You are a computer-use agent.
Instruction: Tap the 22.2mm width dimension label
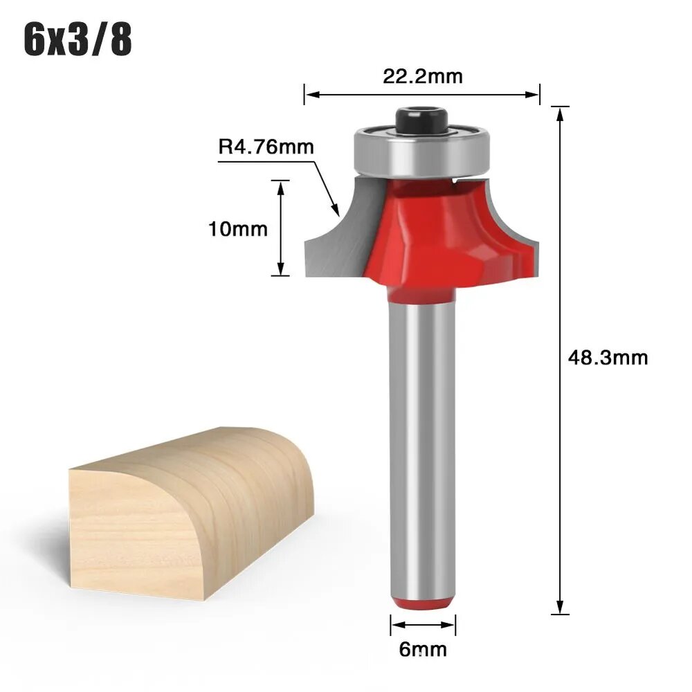click(422, 76)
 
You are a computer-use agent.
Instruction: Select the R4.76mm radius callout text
click(266, 147)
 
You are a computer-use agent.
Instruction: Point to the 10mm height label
click(238, 229)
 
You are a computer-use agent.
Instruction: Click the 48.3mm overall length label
click(608, 358)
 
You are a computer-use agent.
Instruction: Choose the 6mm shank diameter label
click(423, 649)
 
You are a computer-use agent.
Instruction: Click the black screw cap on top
click(421, 120)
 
